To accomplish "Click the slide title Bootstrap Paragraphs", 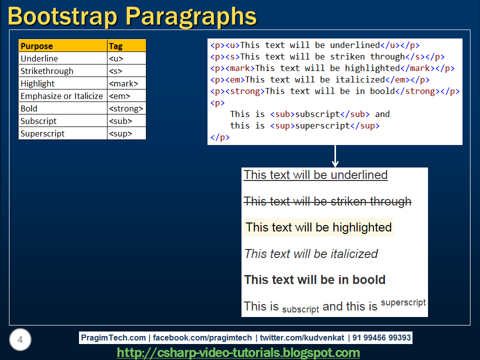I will [x=132, y=16].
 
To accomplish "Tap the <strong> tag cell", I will [x=126, y=108].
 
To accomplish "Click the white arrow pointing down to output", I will [x=335, y=156].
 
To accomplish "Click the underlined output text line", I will [x=315, y=175].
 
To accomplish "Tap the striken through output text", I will [x=327, y=201].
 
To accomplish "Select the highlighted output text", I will [x=318, y=227].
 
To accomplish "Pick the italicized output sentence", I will [x=311, y=254].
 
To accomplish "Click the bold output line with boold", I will [x=314, y=280].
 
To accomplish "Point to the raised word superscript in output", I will [x=403, y=302].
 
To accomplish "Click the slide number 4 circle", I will [x=20, y=340].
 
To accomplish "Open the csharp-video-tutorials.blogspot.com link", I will [x=238, y=353].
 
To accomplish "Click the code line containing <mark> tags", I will [x=332, y=68].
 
